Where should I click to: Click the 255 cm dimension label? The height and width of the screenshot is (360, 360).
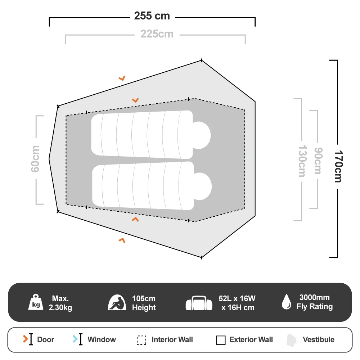152,16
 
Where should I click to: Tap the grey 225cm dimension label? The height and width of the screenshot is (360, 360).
157,34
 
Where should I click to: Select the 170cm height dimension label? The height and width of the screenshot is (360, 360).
338,166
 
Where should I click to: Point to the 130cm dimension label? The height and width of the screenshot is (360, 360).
302,161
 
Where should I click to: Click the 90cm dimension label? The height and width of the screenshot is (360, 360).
318,161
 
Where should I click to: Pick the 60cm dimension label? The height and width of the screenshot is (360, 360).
35,159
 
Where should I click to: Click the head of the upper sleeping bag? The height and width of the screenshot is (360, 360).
202,135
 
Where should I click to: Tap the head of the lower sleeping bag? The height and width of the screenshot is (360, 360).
202,186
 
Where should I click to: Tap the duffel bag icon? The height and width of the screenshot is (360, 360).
199,303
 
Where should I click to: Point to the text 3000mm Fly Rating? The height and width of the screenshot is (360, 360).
315,302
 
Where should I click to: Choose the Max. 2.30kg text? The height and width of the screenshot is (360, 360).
60,303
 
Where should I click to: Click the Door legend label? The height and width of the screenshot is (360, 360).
46,339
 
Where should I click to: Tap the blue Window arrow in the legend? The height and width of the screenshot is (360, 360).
75,339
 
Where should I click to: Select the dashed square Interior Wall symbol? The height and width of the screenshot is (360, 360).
141,340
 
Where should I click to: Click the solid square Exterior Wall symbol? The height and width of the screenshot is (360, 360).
221,340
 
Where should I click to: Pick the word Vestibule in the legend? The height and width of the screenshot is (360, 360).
319,339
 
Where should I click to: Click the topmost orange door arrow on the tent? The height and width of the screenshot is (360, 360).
122,78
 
